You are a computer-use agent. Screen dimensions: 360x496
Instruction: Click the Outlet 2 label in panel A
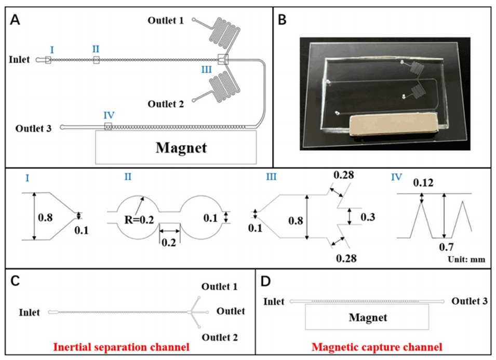click(x=166, y=104)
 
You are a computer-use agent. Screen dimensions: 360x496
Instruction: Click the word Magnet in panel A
click(x=181, y=148)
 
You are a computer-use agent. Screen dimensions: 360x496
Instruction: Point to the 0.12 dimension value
click(x=423, y=183)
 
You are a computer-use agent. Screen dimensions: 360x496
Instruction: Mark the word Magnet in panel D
click(x=367, y=317)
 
